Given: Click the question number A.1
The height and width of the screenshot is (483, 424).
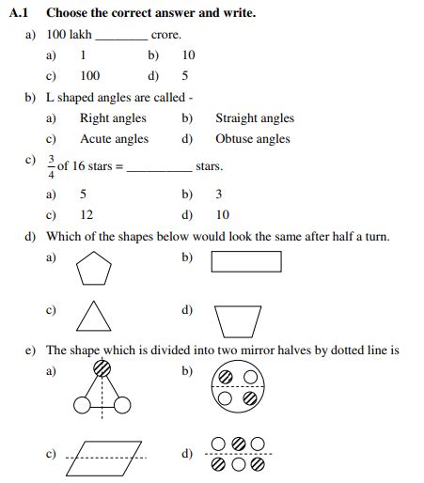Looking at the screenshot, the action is click(20, 13).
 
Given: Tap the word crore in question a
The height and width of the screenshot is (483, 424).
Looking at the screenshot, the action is click(165, 35).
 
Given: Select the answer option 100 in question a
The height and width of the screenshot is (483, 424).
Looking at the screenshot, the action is click(90, 76).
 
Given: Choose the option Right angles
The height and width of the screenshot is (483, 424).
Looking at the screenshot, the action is click(113, 118).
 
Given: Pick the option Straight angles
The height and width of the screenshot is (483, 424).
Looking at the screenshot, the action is click(254, 118).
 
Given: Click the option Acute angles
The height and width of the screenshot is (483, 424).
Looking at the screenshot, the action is click(114, 139).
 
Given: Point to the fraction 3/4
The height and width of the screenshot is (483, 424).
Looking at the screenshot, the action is click(51, 165).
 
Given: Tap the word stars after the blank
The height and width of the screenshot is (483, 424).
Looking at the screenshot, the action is click(209, 166).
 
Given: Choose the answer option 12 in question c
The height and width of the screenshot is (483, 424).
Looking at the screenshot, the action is click(86, 214).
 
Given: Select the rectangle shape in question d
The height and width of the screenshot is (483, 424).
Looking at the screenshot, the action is click(246, 261).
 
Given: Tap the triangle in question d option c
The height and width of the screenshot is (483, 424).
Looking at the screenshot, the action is click(93, 317).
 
